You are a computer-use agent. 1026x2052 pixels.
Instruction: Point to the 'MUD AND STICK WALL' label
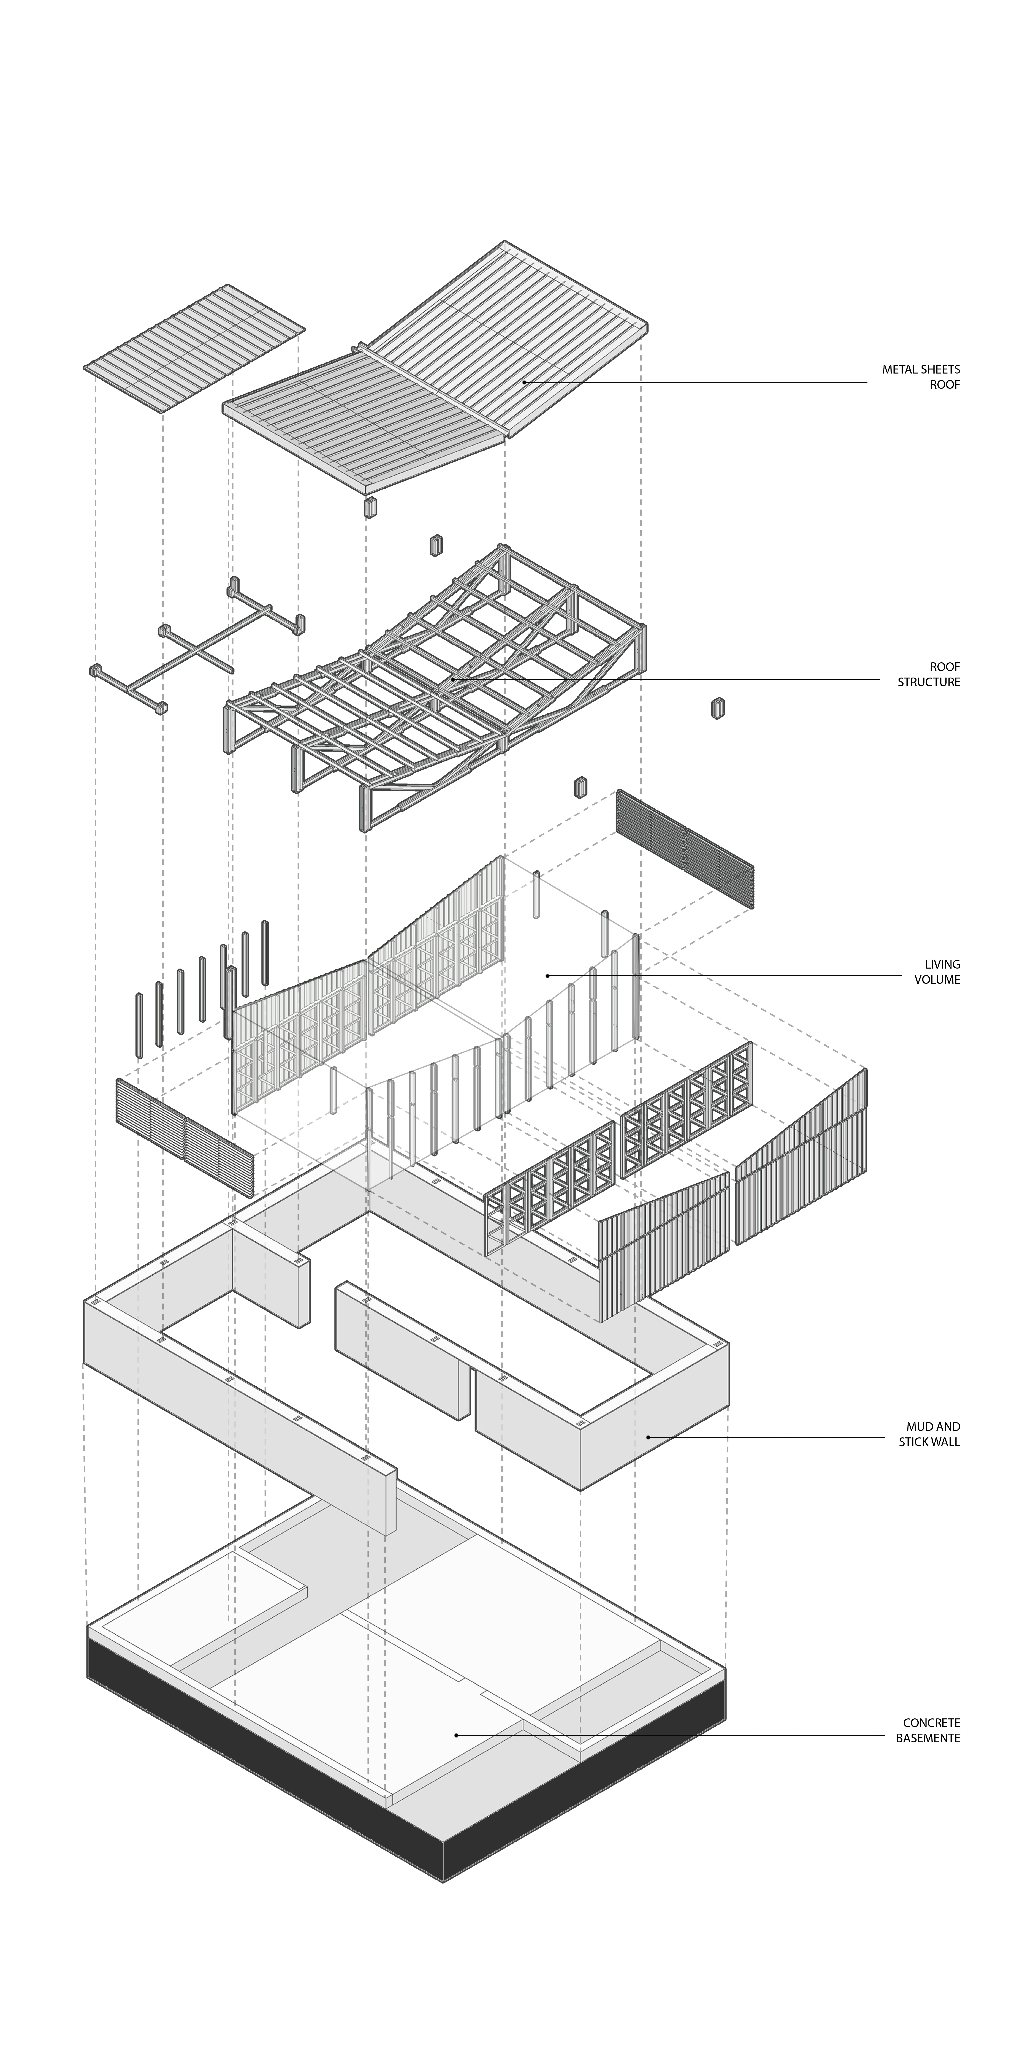(930, 1434)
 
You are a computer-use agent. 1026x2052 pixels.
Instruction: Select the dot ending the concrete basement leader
(456, 1735)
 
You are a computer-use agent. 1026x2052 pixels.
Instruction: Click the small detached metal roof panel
(194, 348)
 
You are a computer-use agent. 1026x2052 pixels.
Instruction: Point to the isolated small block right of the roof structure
(718, 708)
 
